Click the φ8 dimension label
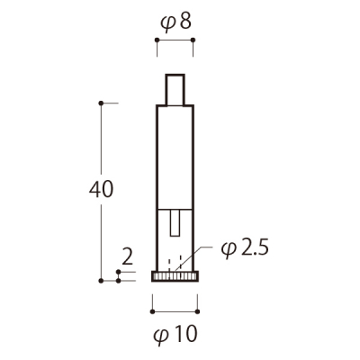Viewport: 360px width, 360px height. (x=175, y=22)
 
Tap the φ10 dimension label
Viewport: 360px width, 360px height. (x=175, y=334)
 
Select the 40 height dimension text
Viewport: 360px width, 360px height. (x=101, y=189)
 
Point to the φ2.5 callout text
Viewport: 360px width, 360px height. (x=245, y=249)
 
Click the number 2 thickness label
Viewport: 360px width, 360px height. (x=128, y=257)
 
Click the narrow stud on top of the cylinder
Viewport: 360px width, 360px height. (x=175, y=90)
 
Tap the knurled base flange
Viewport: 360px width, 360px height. (x=175, y=276)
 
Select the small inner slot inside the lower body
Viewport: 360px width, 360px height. (x=175, y=223)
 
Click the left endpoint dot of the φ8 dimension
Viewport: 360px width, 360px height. (x=157, y=40)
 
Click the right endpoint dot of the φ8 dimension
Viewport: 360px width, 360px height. (x=193, y=40)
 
